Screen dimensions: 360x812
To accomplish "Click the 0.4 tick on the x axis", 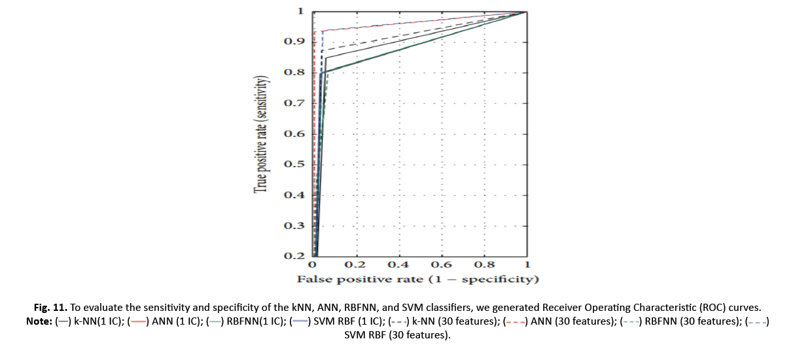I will (398, 265).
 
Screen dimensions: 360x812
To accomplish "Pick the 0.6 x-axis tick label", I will (442, 265).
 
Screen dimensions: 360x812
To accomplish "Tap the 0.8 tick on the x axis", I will (484, 265).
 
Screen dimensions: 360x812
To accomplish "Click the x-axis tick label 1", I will (527, 265).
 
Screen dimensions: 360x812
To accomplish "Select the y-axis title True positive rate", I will (262, 135).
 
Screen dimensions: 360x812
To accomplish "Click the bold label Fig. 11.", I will (50, 307).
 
